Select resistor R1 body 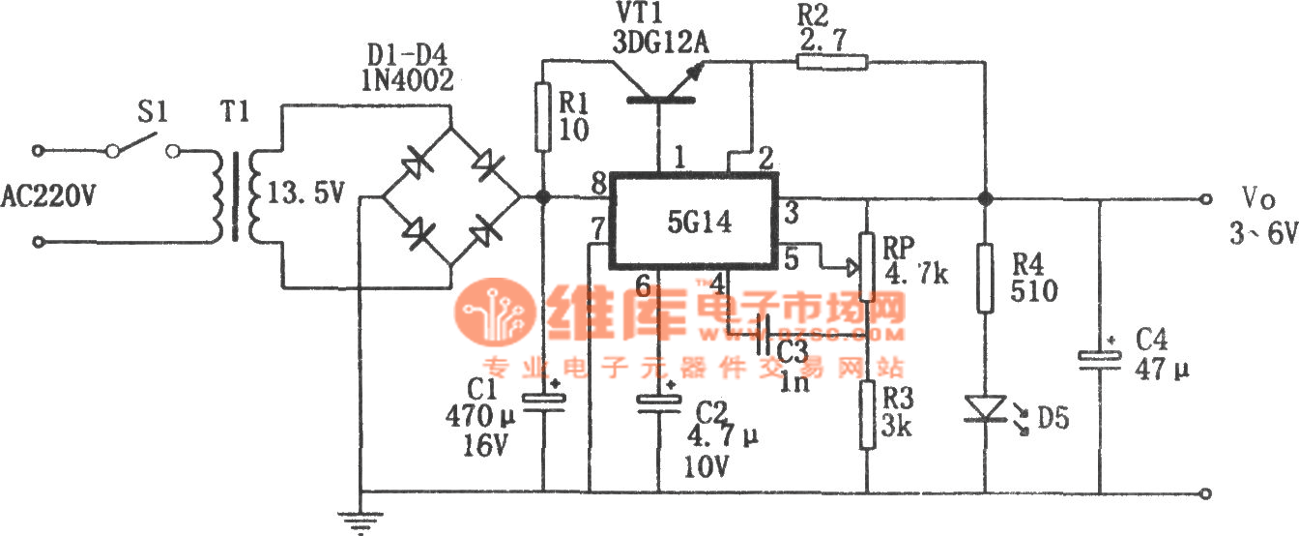point(543,116)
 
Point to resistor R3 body point(867,415)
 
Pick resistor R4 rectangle point(985,279)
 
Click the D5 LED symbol point(985,408)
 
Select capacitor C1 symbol point(543,402)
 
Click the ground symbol point(360,523)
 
